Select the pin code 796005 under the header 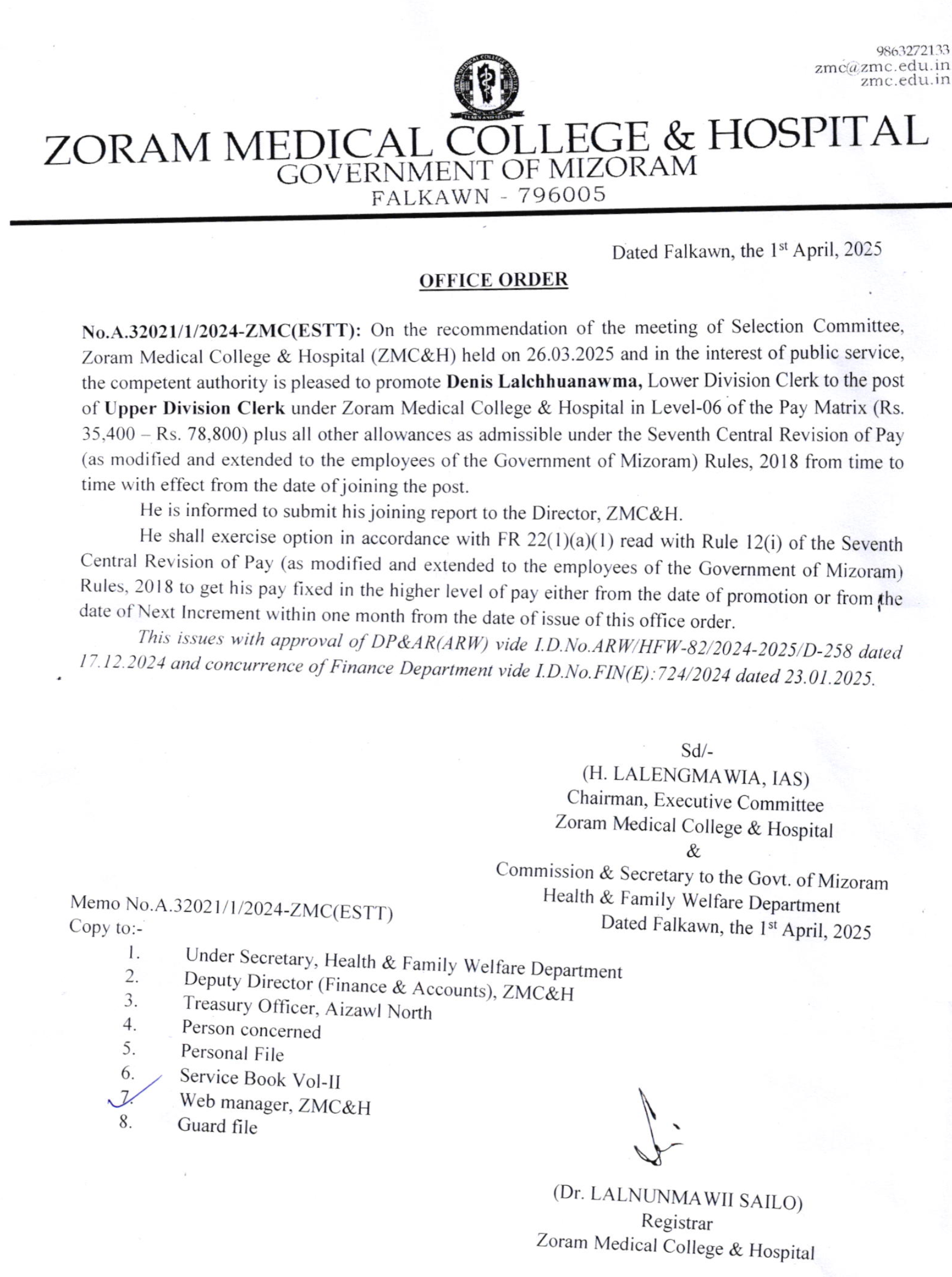pos(562,195)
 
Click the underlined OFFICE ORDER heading pos(493,280)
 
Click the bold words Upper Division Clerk pos(195,408)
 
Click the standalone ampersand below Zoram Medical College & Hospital pos(694,851)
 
